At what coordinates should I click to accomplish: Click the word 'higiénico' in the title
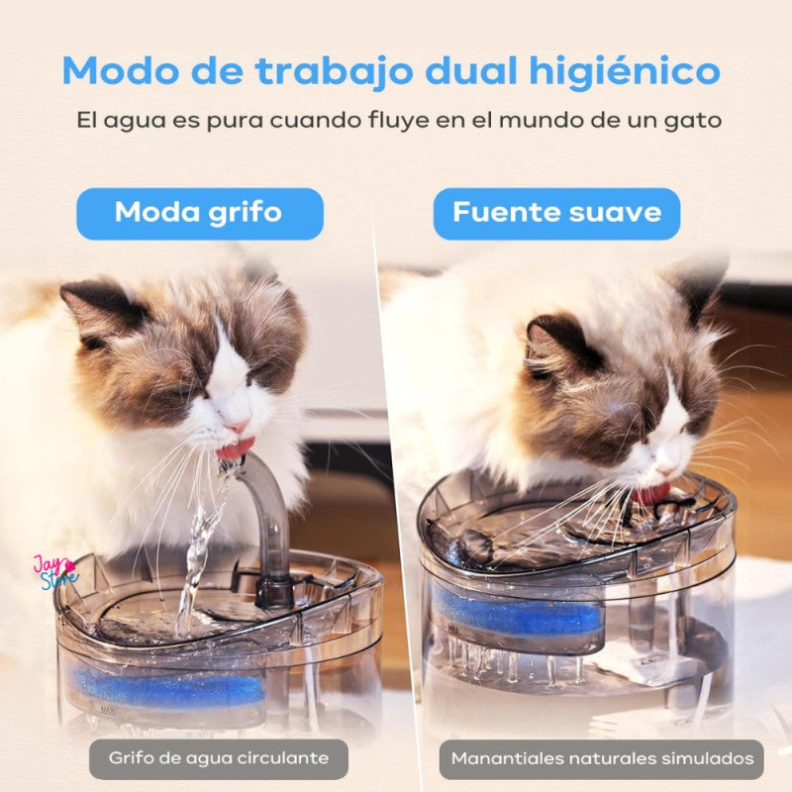[x=624, y=71]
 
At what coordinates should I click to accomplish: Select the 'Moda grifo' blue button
[x=200, y=213]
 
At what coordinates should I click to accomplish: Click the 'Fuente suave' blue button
[x=556, y=213]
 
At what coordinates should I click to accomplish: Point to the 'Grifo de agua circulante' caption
[x=219, y=758]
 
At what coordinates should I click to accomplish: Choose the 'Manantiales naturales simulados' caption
[x=602, y=758]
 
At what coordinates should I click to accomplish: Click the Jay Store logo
[x=55, y=571]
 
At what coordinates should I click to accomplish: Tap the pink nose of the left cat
[x=237, y=425]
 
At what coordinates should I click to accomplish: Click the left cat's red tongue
[x=236, y=446]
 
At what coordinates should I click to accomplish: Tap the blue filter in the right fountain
[x=515, y=613]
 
